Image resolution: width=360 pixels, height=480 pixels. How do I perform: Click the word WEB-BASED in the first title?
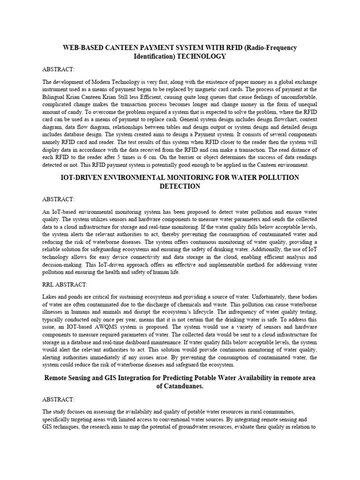tap(82, 48)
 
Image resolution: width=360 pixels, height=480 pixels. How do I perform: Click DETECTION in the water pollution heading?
tap(180, 186)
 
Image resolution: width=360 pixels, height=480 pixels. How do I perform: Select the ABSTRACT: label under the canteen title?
tap(58, 69)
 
